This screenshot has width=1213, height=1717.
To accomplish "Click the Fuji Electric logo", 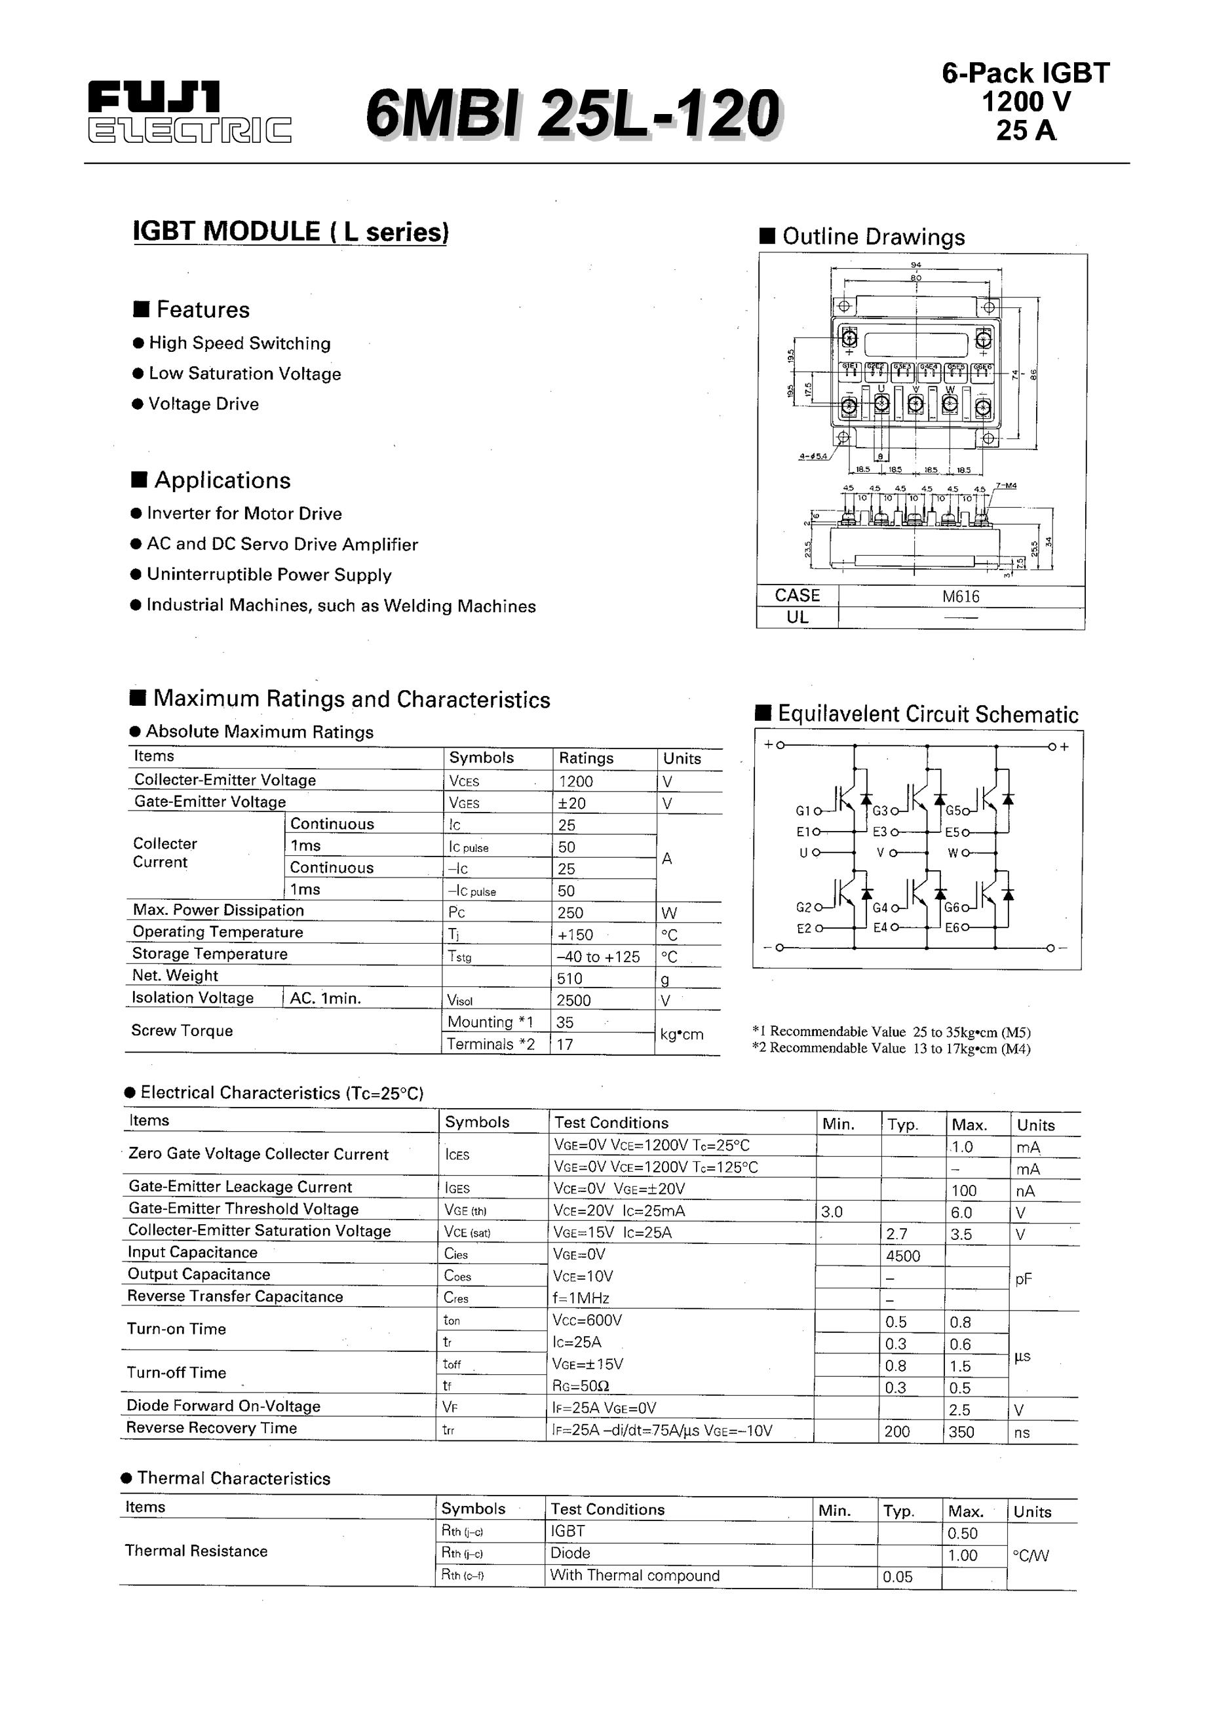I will [189, 112].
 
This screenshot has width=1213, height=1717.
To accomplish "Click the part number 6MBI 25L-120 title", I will [573, 113].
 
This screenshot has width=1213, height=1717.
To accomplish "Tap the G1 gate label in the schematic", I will [802, 811].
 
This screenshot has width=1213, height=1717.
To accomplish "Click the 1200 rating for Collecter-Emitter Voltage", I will [576, 781].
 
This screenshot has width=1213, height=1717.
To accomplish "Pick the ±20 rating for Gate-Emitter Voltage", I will [572, 803].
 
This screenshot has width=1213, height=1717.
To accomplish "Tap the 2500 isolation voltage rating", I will [573, 1000].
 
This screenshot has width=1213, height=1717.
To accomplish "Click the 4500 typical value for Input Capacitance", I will [902, 1256].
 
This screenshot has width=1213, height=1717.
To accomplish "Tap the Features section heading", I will [202, 309].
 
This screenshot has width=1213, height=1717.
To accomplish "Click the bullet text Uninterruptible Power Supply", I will [269, 574].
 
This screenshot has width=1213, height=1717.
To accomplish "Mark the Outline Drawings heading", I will [873, 237].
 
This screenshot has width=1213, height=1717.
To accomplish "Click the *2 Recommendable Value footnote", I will [891, 1048].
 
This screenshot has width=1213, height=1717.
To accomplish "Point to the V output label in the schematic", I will [880, 852].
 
